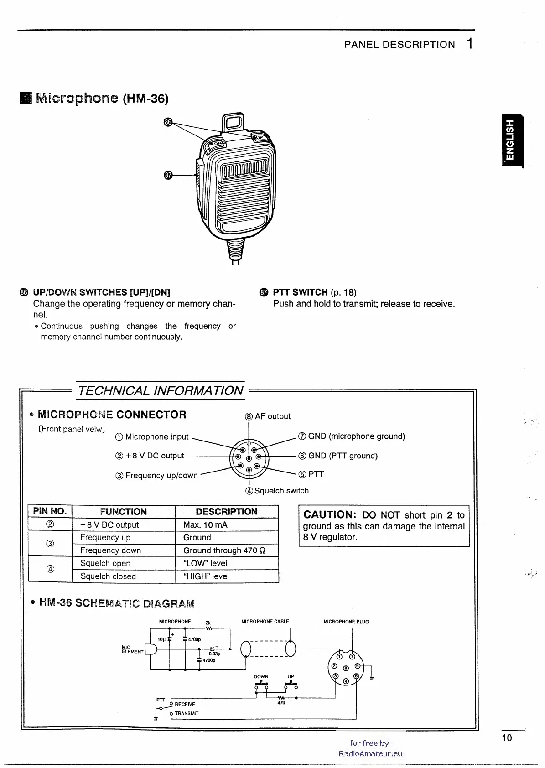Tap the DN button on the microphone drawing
pos(218,143)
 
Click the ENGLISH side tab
pos(512,141)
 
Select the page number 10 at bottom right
pos(507,738)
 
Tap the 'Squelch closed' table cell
pos(108,576)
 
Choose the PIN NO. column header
pos(50,511)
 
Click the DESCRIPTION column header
pos(226,511)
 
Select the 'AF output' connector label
pos(272,416)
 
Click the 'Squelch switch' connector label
pos(281,491)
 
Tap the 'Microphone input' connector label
pos(156,436)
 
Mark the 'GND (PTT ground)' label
pos(343,456)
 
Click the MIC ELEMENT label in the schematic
pos(127,649)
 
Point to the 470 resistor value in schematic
pos(281,703)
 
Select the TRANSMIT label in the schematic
pos(186,713)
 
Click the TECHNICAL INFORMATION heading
pos(161,391)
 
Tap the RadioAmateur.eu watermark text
pos(370,753)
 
